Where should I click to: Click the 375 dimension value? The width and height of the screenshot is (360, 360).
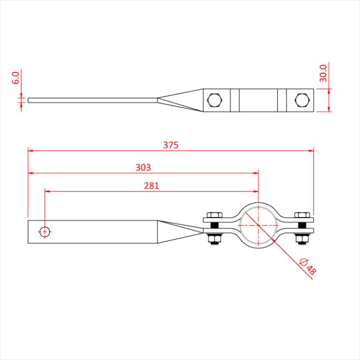coord(171,145)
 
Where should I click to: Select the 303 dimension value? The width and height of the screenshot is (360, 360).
coord(143,167)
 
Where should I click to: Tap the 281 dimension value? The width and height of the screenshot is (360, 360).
coord(151,186)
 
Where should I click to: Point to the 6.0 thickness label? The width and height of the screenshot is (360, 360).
coord(15,78)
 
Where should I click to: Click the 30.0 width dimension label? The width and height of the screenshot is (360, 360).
coord(323,73)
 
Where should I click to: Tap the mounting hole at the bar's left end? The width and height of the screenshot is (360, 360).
coord(45,231)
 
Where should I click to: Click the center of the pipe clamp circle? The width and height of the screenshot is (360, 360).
coord(258,225)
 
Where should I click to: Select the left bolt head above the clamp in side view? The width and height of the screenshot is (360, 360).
coord(214,215)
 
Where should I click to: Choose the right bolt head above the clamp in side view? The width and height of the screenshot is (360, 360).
coord(301,215)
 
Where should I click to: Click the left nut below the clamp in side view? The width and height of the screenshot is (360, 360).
coord(214,238)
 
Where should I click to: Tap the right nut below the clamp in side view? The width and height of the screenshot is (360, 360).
coord(301,238)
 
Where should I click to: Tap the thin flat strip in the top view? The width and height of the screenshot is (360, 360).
coord(93,100)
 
